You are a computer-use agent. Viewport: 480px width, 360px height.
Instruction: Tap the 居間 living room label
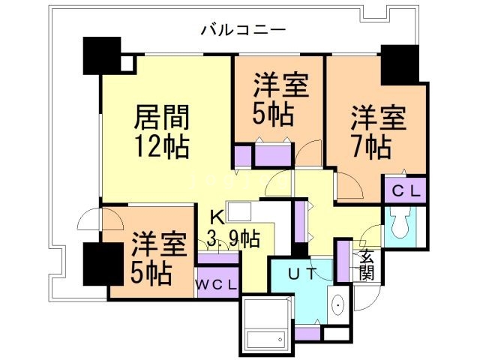click(x=161, y=118)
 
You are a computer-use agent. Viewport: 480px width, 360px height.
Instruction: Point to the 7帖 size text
click(x=373, y=145)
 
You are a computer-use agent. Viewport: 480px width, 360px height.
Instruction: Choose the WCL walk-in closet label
click(x=217, y=285)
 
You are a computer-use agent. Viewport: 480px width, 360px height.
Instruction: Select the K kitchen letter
click(x=216, y=218)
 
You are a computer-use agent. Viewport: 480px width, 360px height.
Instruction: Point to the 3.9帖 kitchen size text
click(x=235, y=240)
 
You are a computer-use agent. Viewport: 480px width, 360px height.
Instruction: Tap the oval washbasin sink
click(x=337, y=305)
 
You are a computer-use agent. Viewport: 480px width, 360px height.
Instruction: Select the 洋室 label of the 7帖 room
click(x=379, y=118)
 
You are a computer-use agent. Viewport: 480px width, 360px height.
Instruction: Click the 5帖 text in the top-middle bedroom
click(x=271, y=115)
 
